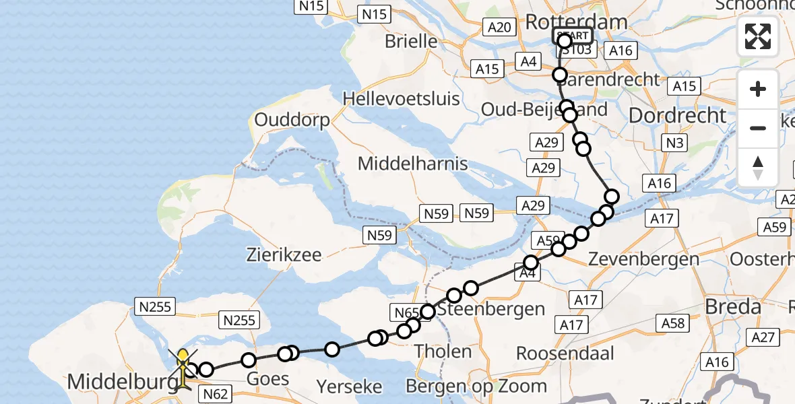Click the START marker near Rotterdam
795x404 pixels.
(x=573, y=36)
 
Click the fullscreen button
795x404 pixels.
(x=758, y=36)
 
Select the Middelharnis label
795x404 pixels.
(x=412, y=164)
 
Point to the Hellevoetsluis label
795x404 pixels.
(x=401, y=99)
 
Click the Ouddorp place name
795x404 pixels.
(x=292, y=121)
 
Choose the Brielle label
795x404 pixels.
(x=411, y=41)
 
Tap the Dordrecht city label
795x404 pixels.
(x=678, y=115)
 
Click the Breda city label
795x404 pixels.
(x=732, y=307)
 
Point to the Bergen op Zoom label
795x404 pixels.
(x=476, y=386)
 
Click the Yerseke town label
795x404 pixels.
(x=349, y=387)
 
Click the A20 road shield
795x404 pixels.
(x=499, y=27)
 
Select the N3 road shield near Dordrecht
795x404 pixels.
(x=674, y=143)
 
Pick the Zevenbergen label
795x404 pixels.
(x=643, y=259)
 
